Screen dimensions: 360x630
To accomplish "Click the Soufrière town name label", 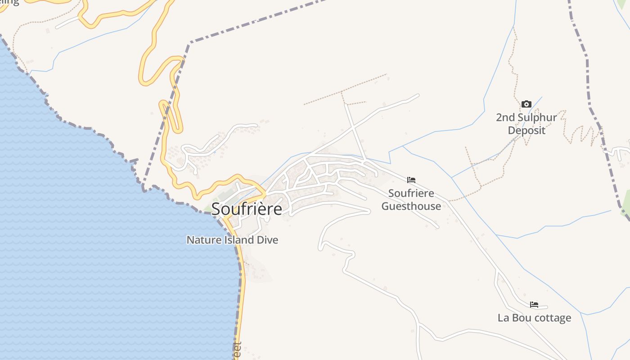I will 247,209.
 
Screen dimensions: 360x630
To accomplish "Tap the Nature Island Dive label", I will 232,240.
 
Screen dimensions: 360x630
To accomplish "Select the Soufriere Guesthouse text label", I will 411,199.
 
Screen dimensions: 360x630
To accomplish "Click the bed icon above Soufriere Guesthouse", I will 411,180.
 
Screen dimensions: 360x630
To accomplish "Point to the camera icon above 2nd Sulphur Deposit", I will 526,104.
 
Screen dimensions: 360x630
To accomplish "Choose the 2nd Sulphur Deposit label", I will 526,124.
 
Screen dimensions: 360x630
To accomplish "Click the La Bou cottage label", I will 534,318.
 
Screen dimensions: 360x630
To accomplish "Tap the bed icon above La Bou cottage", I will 534,305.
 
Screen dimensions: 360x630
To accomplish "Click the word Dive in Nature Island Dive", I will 267,240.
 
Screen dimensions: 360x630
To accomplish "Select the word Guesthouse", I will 411,206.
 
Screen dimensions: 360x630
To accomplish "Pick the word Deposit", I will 526,130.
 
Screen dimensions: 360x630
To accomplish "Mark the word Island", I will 237,240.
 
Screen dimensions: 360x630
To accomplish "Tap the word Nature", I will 202,240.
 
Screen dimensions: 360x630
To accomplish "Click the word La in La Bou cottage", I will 503,318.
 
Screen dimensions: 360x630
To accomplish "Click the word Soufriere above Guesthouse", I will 411,193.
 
